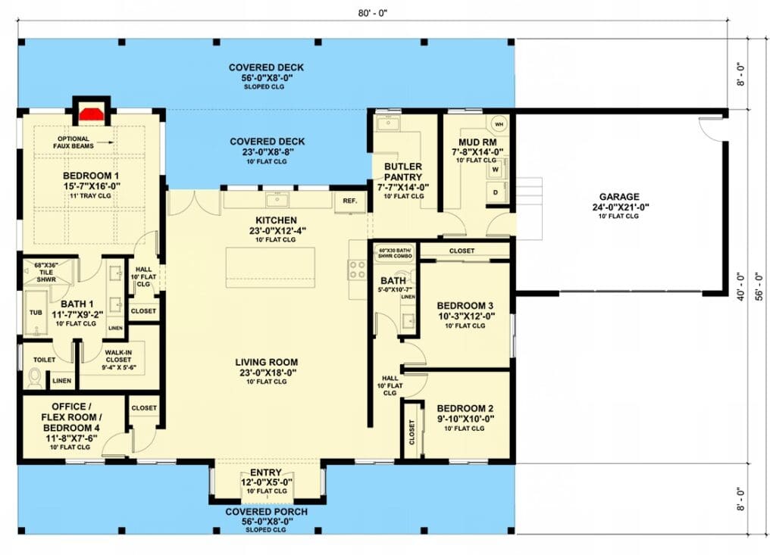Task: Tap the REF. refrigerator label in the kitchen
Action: [350, 201]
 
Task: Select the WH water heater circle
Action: [499, 124]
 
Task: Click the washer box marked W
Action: [496, 170]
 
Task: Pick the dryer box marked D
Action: [496, 192]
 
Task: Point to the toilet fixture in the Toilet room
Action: [35, 379]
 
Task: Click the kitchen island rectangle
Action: [271, 267]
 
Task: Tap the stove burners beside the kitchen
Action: [358, 270]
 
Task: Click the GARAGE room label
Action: [618, 197]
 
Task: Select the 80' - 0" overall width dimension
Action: [373, 13]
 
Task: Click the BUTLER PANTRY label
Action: [403, 172]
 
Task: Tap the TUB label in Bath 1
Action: [36, 313]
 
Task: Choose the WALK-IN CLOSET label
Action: [118, 356]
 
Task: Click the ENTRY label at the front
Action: [266, 472]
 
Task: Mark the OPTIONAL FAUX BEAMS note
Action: [74, 142]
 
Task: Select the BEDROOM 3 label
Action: [465, 306]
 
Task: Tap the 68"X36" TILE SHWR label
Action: [46, 273]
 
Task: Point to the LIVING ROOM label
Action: [266, 363]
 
